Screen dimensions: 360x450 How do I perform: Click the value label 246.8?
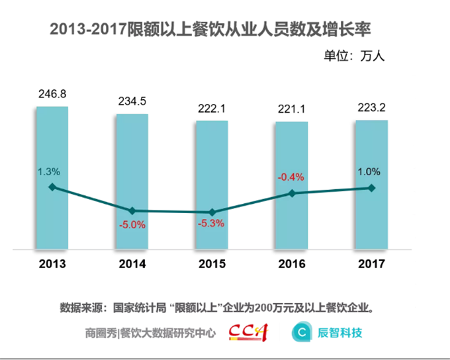click(52, 94)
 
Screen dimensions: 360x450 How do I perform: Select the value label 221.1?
click(292, 109)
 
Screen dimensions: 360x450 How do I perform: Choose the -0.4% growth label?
click(291, 177)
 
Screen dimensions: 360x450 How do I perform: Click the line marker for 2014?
click(132, 210)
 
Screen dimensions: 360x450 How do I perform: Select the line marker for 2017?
click(371, 188)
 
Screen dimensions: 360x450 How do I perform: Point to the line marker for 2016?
click(292, 193)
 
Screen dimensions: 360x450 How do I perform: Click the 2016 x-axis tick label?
click(292, 264)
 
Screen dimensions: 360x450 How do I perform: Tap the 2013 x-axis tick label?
click(52, 264)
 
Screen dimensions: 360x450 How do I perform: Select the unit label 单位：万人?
click(354, 56)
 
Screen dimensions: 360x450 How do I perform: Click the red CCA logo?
click(247, 332)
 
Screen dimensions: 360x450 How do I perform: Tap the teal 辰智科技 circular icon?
click(302, 332)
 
